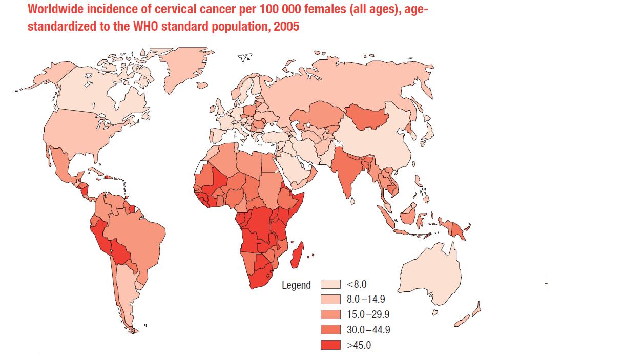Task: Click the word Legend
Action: point(296,285)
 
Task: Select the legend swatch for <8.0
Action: point(330,284)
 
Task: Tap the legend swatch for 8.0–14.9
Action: point(330,299)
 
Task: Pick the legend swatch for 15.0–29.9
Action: point(330,314)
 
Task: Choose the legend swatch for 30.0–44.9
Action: point(330,330)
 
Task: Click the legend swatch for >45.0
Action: point(330,345)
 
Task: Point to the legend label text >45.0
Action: point(359,345)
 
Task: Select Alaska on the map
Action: point(49,77)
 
